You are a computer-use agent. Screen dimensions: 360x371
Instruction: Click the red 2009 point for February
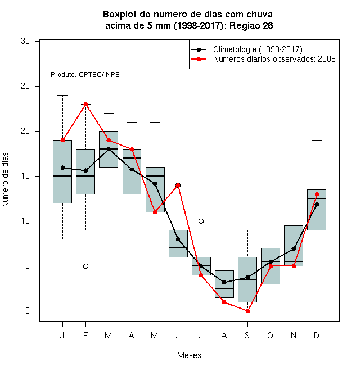(x=85, y=105)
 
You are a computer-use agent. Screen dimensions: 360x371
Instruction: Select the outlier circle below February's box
(x=85, y=266)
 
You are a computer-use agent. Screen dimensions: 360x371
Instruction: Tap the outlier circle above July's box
(x=201, y=221)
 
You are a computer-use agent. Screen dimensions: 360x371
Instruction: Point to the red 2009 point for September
(x=247, y=311)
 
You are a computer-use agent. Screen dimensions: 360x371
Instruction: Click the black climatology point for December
(x=317, y=204)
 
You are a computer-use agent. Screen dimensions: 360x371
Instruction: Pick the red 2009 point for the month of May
(x=155, y=212)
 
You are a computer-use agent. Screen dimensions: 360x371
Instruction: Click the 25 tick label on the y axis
(x=25, y=86)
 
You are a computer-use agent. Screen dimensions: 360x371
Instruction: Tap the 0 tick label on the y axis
(x=28, y=311)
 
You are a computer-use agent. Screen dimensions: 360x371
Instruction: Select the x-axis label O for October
(x=270, y=335)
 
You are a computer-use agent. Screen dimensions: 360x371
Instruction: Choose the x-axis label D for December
(x=317, y=335)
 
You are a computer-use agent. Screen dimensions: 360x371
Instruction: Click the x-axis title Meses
(x=189, y=355)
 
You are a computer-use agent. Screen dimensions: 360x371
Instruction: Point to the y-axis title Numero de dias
(x=5, y=180)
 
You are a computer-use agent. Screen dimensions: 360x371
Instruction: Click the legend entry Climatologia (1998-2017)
(x=258, y=49)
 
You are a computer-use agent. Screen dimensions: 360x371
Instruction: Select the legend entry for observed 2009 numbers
(x=274, y=59)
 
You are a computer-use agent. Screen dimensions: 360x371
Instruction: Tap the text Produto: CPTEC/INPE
(x=85, y=75)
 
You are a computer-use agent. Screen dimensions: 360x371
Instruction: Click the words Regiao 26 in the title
(x=251, y=25)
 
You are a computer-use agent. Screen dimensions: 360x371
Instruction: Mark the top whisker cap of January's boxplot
(x=63, y=96)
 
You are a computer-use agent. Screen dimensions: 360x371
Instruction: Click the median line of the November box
(x=294, y=261)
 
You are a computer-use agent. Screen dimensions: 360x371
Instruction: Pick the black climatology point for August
(x=224, y=282)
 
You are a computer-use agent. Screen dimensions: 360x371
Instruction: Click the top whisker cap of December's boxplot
(x=317, y=141)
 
